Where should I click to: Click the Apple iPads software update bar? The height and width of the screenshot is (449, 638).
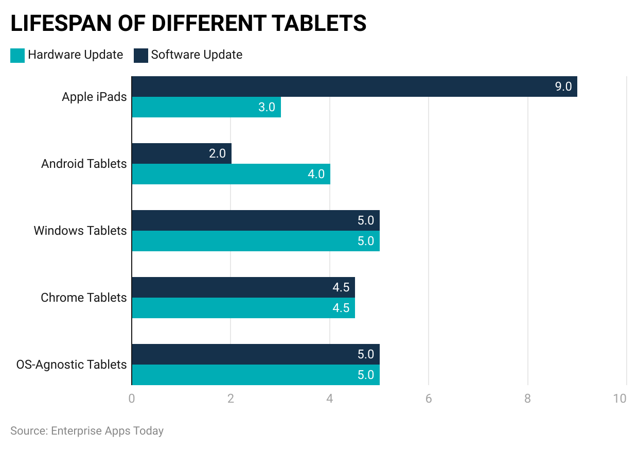coord(354,87)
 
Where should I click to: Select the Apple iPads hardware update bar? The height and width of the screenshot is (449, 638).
coord(206,107)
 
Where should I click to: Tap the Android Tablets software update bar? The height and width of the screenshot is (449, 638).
coord(181,153)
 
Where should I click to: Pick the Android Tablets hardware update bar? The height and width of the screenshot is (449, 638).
coord(231,174)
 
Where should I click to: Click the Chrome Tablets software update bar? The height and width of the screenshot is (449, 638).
coord(243,287)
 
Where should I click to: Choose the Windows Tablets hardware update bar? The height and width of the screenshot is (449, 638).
coord(255,241)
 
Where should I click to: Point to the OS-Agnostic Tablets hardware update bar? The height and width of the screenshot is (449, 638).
coord(255,375)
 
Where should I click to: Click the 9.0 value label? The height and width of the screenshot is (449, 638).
coord(563,87)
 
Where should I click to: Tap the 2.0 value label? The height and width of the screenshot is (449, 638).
coord(217,153)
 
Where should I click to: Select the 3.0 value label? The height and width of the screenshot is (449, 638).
coord(267,107)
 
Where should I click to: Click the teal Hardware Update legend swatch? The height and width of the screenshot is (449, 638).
coord(17,56)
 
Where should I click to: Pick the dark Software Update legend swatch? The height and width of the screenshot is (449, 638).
coord(141,56)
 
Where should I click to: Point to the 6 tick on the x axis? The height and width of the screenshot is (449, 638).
coord(429,399)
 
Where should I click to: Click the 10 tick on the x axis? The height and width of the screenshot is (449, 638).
coord(620,399)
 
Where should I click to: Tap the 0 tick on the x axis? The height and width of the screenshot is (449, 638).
coord(132,399)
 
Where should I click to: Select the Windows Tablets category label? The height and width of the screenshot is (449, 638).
coord(80,231)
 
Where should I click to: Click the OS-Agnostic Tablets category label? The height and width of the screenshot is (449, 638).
coord(71,365)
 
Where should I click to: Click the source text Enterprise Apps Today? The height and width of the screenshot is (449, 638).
coord(107,430)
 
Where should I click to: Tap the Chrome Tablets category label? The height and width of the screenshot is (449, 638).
coord(83,298)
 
